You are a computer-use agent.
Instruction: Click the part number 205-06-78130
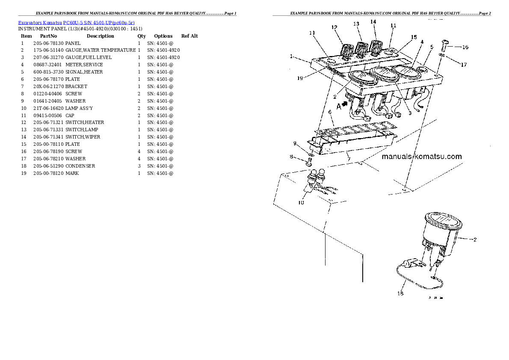48,43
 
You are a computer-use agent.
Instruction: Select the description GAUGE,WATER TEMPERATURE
101,50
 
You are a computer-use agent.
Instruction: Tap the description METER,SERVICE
84,65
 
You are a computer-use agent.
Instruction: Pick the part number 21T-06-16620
49,108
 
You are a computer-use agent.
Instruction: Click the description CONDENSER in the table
80,166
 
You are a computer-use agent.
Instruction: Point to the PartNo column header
48,36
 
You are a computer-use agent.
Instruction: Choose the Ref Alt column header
189,36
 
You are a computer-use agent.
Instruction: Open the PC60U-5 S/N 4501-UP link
99,23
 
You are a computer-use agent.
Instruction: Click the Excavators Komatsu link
40,23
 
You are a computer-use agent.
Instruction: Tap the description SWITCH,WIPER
83,137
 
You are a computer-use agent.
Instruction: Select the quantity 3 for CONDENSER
139,166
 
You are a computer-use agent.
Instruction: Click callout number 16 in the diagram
465,47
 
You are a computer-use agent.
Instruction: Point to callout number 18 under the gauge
400,293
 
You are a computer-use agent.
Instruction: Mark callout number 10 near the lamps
301,203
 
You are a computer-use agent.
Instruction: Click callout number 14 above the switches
373,22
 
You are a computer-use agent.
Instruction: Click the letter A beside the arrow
339,106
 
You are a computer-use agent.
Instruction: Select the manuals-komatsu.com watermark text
422,156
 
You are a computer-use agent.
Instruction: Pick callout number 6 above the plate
330,112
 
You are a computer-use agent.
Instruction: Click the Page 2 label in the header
485,13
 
